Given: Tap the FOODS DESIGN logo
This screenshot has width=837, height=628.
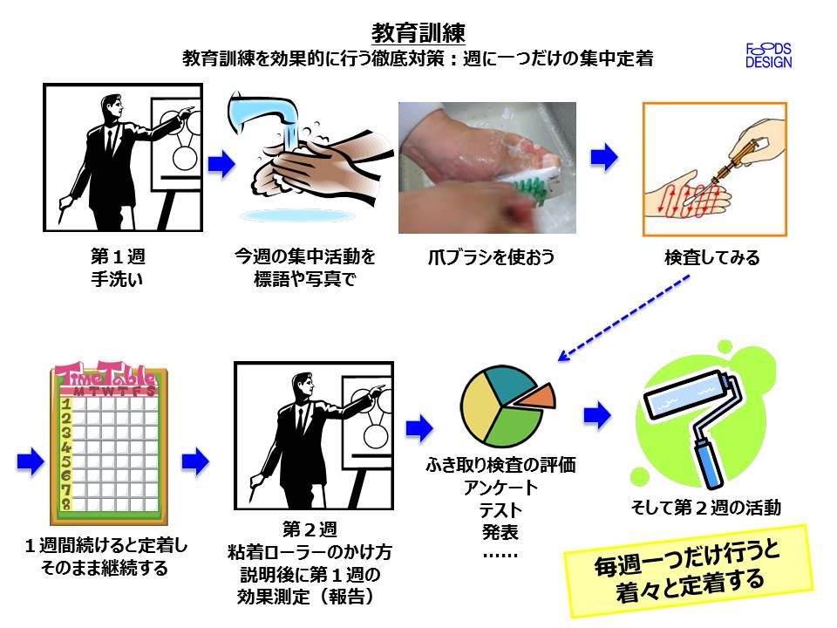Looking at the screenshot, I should (x=768, y=55).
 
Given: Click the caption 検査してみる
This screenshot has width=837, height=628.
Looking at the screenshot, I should (x=711, y=257).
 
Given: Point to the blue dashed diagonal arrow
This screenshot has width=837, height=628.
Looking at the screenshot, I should (x=625, y=316).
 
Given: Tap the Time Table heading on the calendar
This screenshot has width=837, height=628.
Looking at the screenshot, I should (x=105, y=377).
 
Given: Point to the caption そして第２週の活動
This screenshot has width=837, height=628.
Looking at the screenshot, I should (x=706, y=507).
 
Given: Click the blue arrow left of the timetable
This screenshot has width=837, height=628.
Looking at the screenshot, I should (x=30, y=461).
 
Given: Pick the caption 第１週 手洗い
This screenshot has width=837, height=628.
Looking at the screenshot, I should (x=117, y=268).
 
